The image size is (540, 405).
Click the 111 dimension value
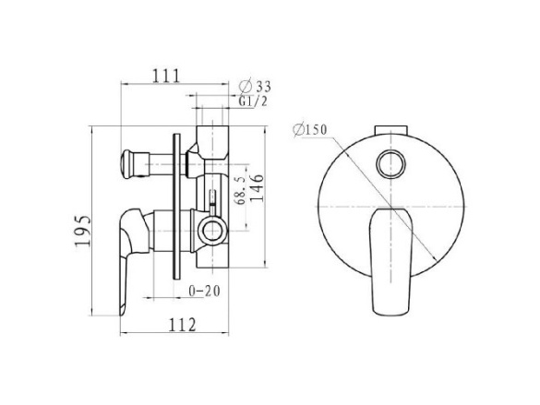(x=166, y=76)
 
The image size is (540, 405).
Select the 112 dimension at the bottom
(x=182, y=325)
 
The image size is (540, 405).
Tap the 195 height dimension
(x=83, y=231)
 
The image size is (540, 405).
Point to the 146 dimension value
(x=257, y=188)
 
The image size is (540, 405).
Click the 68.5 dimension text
(x=241, y=191)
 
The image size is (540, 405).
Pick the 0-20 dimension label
(x=204, y=292)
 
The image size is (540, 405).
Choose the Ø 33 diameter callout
(x=255, y=85)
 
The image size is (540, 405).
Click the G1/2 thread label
(x=253, y=101)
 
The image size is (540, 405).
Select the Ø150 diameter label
(x=310, y=130)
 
